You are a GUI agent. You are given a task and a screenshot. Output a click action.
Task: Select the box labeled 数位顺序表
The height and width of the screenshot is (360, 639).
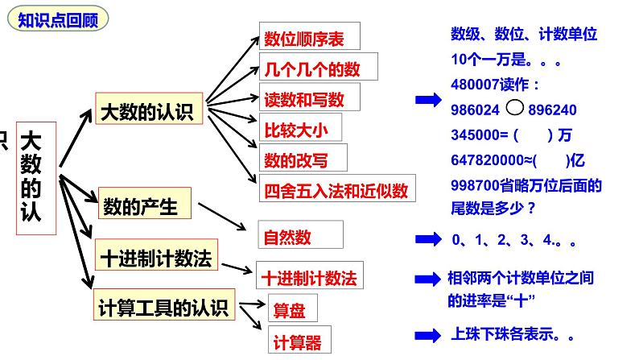point(309,37)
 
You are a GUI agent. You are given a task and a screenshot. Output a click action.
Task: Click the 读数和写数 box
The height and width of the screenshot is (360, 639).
point(308,98)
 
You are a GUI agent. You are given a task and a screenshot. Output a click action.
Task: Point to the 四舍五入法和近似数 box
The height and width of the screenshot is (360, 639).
point(336,190)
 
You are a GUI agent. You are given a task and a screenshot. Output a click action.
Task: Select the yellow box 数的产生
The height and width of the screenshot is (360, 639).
point(143,206)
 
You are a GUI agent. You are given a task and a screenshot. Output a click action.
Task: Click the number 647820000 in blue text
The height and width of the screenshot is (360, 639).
point(489,159)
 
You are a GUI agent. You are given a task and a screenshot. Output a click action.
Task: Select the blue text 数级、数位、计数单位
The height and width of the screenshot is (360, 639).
point(524,35)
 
